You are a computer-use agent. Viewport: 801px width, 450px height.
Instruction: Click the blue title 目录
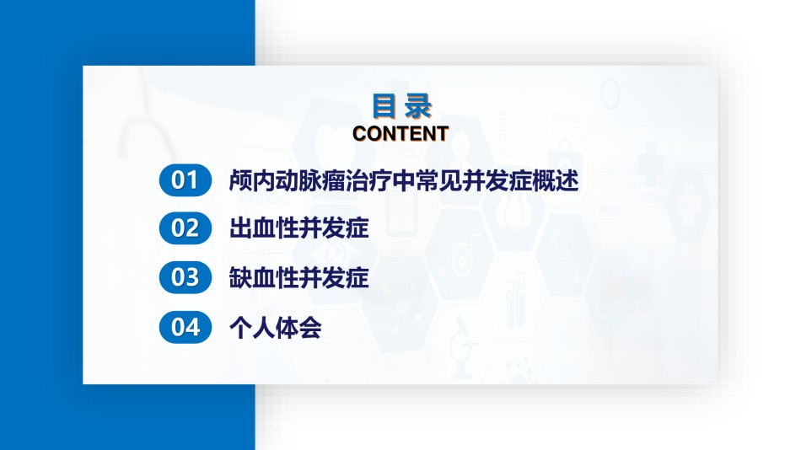click(402, 105)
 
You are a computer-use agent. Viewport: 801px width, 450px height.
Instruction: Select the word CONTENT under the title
click(400, 134)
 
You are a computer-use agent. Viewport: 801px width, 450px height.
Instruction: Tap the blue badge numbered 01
click(185, 179)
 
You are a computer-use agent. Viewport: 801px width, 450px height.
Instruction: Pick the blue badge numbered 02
click(185, 228)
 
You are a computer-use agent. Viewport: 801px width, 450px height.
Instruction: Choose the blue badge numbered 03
click(185, 277)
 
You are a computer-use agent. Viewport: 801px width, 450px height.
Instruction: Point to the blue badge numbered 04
click(185, 327)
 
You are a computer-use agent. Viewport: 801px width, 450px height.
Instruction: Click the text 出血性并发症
click(298, 228)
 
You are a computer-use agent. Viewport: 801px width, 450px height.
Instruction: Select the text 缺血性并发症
click(298, 277)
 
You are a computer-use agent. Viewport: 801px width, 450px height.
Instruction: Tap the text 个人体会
click(276, 328)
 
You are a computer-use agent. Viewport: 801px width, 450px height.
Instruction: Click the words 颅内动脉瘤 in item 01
click(287, 180)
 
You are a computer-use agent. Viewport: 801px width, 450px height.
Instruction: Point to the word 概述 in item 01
click(556, 180)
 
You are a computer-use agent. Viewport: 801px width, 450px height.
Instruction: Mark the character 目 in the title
click(384, 105)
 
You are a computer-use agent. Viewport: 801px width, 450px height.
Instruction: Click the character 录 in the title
click(419, 106)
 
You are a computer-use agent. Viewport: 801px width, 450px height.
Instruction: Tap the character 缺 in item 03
click(240, 277)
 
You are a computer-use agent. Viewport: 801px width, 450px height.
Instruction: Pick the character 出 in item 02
click(240, 228)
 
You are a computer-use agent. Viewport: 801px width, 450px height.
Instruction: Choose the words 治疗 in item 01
click(368, 180)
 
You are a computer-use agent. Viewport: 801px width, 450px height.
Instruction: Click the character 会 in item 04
click(310, 328)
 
